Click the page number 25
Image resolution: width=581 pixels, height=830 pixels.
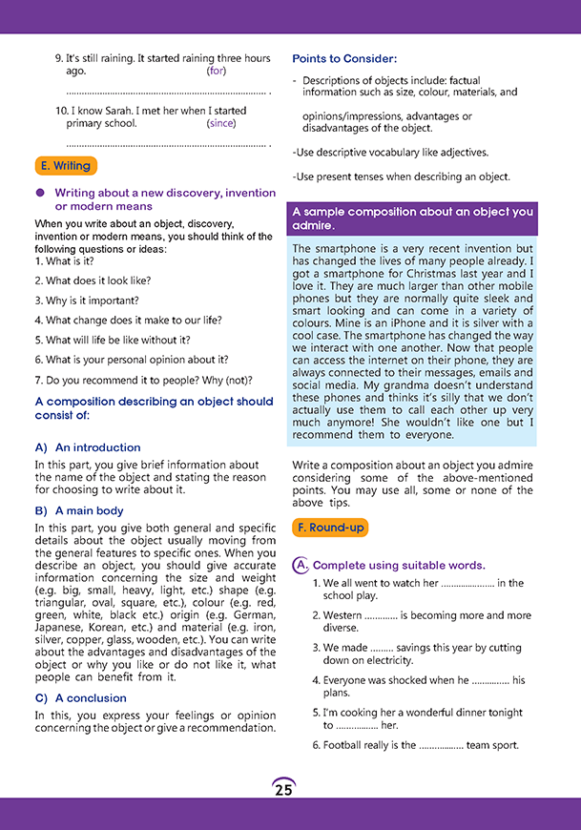click(x=283, y=789)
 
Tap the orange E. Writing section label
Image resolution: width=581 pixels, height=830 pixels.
click(x=67, y=166)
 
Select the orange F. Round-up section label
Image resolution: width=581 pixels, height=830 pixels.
click(x=328, y=527)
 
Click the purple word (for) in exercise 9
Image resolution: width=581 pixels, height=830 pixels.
click(x=216, y=71)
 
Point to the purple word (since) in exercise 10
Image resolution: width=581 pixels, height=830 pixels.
click(x=220, y=123)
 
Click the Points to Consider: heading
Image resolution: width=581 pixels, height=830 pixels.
click(x=344, y=59)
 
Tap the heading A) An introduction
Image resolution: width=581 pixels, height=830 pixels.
click(x=87, y=447)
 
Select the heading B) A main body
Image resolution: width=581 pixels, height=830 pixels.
click(x=79, y=511)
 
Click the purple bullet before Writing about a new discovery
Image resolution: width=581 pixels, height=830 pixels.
click(x=40, y=193)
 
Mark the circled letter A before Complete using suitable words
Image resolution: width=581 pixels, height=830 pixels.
click(x=300, y=566)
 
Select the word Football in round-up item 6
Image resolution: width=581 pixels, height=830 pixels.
click(x=343, y=745)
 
